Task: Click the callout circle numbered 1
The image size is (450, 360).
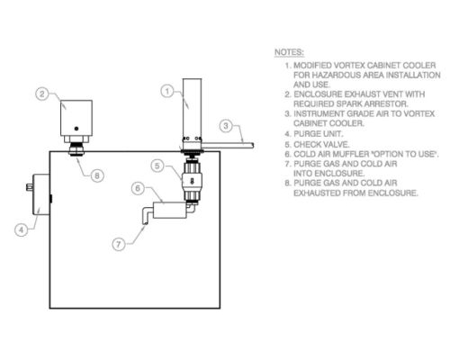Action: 167,91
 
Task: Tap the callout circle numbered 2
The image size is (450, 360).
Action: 42,94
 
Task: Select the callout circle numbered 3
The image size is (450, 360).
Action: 226,126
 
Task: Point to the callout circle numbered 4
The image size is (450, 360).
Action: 21,230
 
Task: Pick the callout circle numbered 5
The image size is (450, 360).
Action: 157,166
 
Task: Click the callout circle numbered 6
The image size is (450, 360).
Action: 138,188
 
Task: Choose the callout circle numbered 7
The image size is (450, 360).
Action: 119,244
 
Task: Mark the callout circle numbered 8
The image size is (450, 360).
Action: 97,175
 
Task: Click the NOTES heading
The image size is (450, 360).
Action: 289,52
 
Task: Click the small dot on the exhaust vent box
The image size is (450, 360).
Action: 76,129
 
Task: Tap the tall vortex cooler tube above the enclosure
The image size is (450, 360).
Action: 192,107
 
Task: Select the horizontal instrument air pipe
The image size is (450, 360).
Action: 228,146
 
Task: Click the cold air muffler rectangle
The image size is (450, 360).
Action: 170,210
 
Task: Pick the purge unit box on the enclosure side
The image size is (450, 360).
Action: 41,194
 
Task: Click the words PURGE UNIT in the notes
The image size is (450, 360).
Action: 318,134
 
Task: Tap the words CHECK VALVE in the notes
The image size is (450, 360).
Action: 321,145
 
